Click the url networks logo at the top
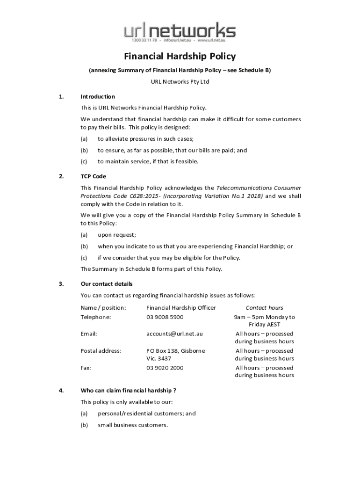click(x=180, y=32)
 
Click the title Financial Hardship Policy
click(x=180, y=57)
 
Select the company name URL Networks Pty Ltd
click(x=180, y=82)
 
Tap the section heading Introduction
click(x=98, y=97)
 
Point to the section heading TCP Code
click(x=94, y=176)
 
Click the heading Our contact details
click(x=107, y=284)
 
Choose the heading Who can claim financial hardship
click(x=128, y=390)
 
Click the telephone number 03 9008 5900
click(x=165, y=317)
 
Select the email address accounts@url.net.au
click(x=174, y=334)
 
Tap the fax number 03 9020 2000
click(x=165, y=368)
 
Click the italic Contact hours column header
click(x=264, y=308)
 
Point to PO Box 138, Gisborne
click(x=175, y=351)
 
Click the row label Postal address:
click(x=101, y=351)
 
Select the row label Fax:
click(x=86, y=368)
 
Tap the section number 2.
click(x=61, y=176)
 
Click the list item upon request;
click(x=117, y=235)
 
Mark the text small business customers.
click(x=133, y=425)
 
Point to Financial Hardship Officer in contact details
click(x=181, y=308)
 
